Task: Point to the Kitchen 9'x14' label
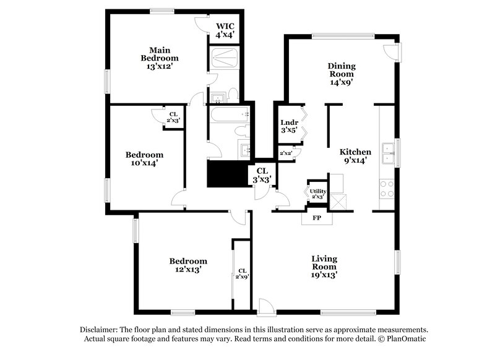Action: click(x=355, y=156)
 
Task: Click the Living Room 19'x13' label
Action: click(x=324, y=267)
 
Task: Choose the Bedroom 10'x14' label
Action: click(x=144, y=159)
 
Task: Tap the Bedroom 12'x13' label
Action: click(x=188, y=265)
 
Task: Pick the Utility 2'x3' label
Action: click(x=318, y=194)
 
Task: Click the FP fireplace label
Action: click(x=317, y=218)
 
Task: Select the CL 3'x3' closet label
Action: click(x=262, y=174)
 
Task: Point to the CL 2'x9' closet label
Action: click(x=242, y=273)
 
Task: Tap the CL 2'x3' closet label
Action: click(x=173, y=116)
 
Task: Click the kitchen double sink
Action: click(x=389, y=152)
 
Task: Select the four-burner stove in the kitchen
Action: click(x=387, y=189)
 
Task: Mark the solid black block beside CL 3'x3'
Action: click(x=226, y=173)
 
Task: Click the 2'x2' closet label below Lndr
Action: click(x=286, y=153)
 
